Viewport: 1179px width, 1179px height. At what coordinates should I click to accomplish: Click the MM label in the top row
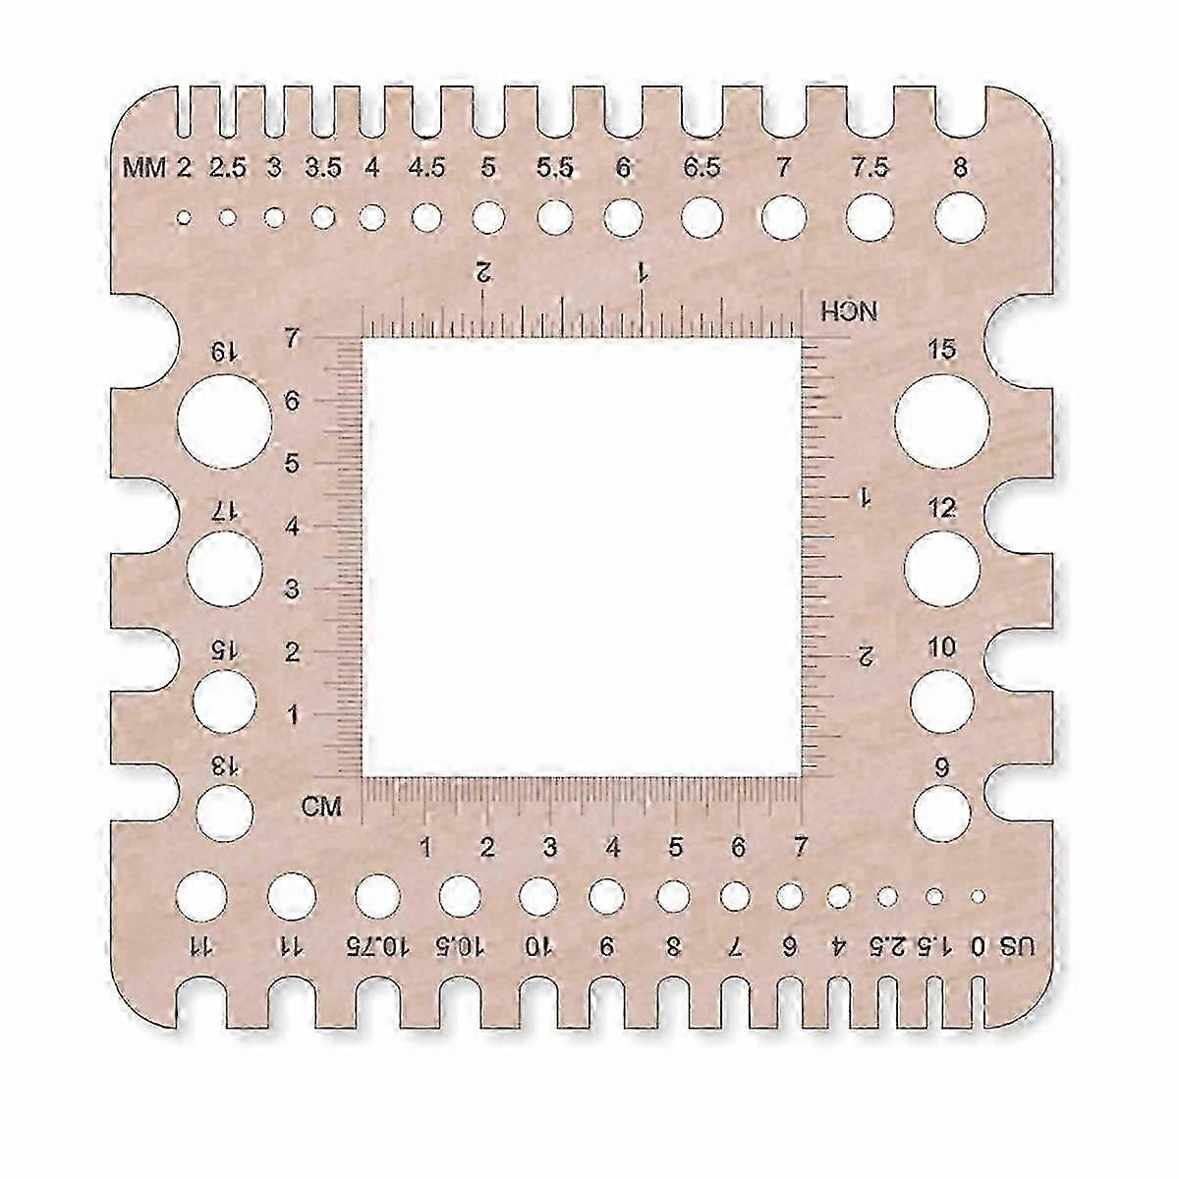pos(144,168)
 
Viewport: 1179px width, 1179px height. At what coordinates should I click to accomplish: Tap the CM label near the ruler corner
pos(321,807)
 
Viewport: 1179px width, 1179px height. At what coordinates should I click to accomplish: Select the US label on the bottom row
pos(1017,947)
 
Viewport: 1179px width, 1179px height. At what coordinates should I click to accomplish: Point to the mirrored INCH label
pos(849,311)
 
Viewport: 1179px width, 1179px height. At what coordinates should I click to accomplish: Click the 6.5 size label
pos(702,168)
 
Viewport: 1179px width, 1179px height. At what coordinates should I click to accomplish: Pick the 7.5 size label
pos(870,168)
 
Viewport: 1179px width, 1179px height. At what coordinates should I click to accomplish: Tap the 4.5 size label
pos(427,168)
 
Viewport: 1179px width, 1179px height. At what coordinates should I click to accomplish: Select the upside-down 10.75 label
pos(377,947)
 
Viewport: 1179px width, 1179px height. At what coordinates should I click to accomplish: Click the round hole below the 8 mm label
pos(961,217)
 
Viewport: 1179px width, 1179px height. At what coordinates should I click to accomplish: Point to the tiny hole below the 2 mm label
pos(184,217)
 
